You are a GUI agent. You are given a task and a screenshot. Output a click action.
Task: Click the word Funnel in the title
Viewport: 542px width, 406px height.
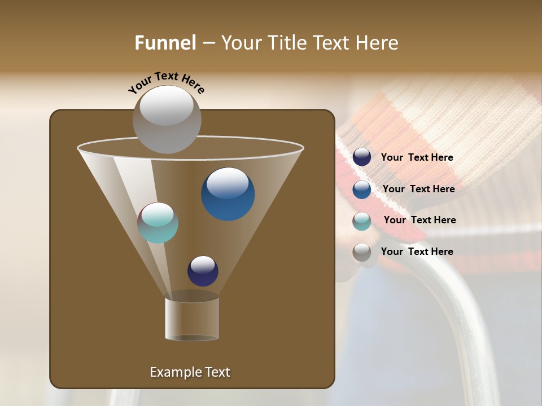pos(165,43)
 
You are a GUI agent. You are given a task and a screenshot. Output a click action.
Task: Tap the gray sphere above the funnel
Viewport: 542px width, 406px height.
pos(167,119)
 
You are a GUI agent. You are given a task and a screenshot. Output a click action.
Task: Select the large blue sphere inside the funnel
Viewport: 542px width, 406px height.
pos(228,195)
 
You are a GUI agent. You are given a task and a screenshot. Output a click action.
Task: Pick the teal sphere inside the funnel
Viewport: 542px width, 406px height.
pos(158,223)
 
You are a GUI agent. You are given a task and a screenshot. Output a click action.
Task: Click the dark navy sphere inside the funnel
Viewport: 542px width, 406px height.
pos(203,271)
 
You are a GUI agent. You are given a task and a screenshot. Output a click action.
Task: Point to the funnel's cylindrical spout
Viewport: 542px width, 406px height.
pos(192,319)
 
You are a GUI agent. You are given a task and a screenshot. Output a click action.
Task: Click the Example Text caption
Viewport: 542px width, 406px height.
pos(190,372)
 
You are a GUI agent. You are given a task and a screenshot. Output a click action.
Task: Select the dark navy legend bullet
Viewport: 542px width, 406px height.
pos(362,157)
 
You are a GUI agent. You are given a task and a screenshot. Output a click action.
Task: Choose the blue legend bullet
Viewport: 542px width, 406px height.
pos(362,189)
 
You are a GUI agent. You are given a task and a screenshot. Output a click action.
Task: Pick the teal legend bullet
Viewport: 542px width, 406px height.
pos(362,221)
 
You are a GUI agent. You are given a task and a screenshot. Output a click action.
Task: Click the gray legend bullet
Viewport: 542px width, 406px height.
pos(362,252)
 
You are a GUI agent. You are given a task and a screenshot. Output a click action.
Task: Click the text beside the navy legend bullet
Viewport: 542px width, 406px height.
pos(417,157)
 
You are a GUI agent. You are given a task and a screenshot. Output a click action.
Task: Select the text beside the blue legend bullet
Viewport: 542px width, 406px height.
pos(418,189)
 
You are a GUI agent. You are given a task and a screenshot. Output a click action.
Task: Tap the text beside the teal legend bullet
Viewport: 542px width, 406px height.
pos(419,220)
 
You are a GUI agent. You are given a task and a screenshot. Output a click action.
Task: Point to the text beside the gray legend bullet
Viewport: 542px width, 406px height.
pos(417,251)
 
